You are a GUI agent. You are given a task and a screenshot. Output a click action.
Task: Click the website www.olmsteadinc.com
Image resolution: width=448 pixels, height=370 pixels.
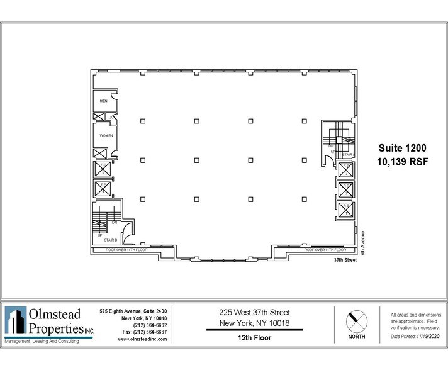[x=142, y=339]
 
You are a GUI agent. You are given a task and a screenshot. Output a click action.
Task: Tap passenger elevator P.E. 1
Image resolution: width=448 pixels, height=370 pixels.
[x=345, y=169]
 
